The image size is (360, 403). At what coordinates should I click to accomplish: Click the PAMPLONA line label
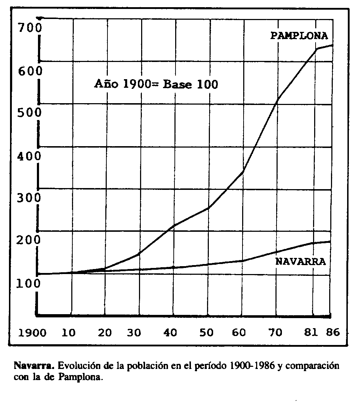[299, 36]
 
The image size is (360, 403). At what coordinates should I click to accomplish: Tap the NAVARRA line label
[301, 262]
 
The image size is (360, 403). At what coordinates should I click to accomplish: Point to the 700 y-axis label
[30, 27]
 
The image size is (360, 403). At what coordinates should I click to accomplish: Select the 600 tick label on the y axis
[30, 71]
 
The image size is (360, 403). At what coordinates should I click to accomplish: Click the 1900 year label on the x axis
[32, 333]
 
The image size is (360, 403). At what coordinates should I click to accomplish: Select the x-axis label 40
[171, 333]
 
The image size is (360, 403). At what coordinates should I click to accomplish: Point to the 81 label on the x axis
[311, 333]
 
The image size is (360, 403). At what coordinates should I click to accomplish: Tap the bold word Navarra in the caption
[34, 366]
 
